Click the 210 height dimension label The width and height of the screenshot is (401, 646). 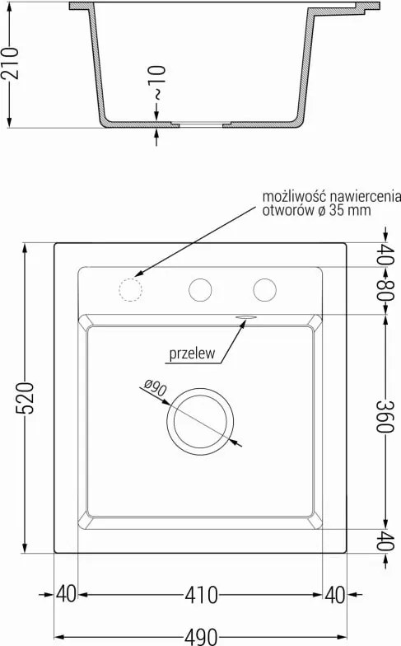(10, 63)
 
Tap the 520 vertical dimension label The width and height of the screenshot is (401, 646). (25, 398)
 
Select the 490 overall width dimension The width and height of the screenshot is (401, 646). (201, 637)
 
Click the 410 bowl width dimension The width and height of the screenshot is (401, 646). (201, 595)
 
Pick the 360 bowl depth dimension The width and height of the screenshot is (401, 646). (385, 416)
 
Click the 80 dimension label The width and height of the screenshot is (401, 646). (385, 290)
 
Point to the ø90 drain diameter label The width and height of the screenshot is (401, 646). (156, 387)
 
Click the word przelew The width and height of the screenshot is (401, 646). (193, 353)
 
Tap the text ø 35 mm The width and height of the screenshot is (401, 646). (344, 210)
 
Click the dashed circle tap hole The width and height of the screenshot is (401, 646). (130, 290)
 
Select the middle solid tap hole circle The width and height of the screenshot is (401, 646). (201, 290)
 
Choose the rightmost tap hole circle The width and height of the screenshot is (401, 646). (265, 290)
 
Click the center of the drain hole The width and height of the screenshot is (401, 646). (200, 422)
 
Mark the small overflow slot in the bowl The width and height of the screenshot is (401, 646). (245, 316)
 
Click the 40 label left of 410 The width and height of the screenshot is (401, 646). (66, 595)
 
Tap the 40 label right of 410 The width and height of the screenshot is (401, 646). (335, 595)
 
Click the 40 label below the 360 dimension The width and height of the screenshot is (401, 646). (385, 541)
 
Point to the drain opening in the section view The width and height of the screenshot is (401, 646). (201, 124)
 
